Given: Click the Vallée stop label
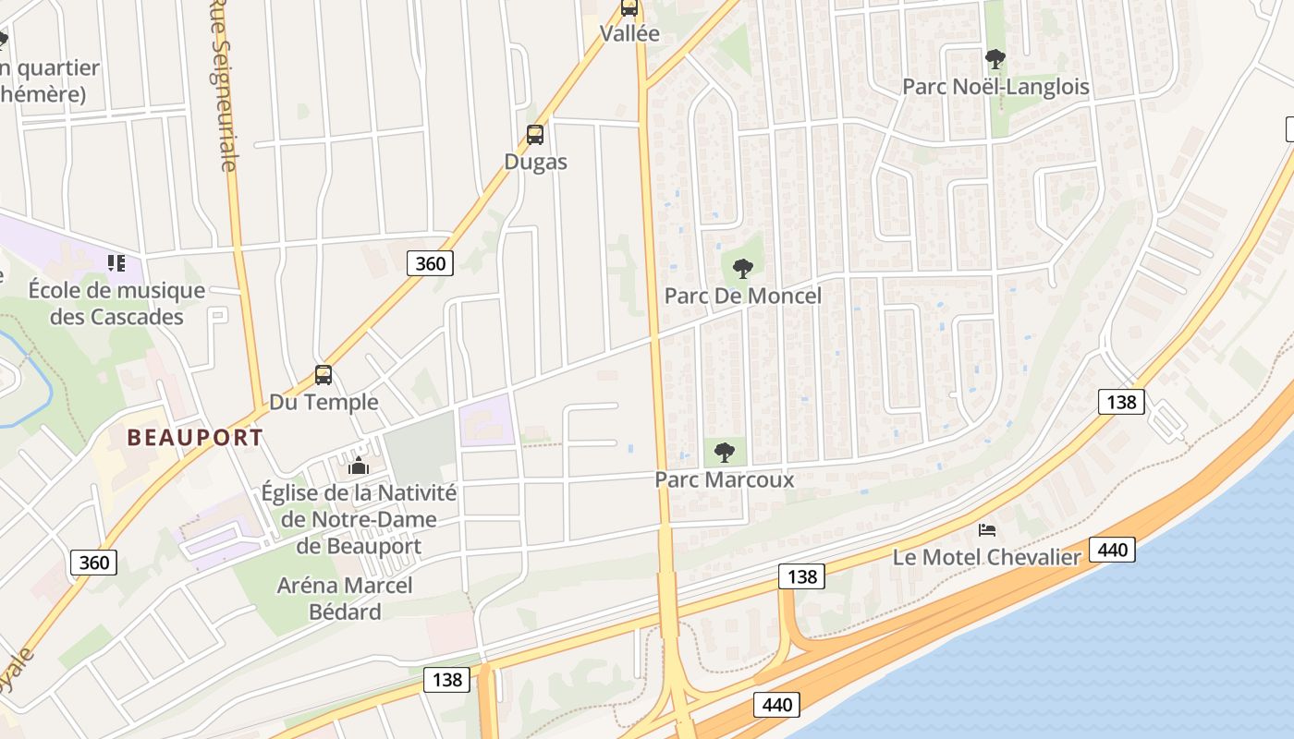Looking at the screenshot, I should click(x=629, y=34).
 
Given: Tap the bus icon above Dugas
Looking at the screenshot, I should click(x=535, y=135).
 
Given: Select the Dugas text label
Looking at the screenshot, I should click(x=535, y=162).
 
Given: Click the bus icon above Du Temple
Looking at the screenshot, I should click(x=323, y=375).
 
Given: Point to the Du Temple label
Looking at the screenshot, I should click(x=323, y=402).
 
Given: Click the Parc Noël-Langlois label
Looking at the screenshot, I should click(x=995, y=87).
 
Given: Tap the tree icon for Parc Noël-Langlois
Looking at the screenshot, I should click(x=995, y=60).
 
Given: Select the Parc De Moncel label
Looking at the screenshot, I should click(x=742, y=297).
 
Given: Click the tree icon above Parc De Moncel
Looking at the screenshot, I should click(x=742, y=269).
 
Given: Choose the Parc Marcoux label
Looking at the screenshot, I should click(x=724, y=479).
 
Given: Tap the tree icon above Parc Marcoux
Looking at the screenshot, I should click(x=725, y=453).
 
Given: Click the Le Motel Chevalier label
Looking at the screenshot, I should click(x=986, y=557).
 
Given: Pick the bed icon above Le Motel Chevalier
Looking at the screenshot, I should click(x=987, y=530).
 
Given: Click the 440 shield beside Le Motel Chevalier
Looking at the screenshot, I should click(x=1112, y=551).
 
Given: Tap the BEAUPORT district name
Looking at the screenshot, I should click(x=195, y=437).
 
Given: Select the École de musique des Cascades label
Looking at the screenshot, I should click(x=116, y=304).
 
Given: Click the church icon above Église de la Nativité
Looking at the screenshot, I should click(x=359, y=466).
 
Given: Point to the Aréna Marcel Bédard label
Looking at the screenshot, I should click(x=345, y=599).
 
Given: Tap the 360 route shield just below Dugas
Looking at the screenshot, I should click(x=430, y=263).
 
